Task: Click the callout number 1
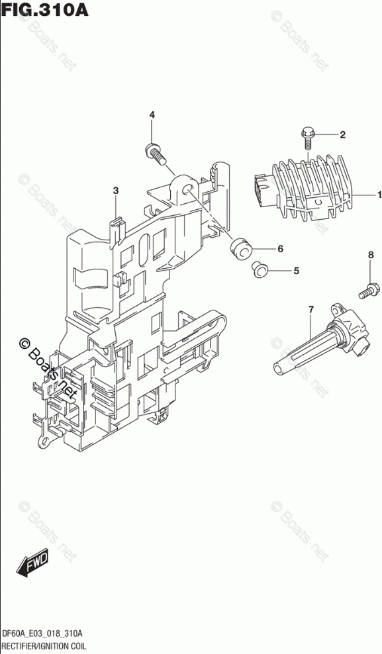pos(379,195)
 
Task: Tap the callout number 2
pos(342,134)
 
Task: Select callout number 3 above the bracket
pos(115,191)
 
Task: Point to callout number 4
pos(152,115)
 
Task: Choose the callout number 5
pos(296,271)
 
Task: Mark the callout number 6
pos(280,249)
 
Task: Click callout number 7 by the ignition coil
pos(310,309)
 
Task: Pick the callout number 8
pos(370,254)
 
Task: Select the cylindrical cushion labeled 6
pos(240,249)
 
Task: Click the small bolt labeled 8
pos(369,290)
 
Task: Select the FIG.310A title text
pos(44,9)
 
